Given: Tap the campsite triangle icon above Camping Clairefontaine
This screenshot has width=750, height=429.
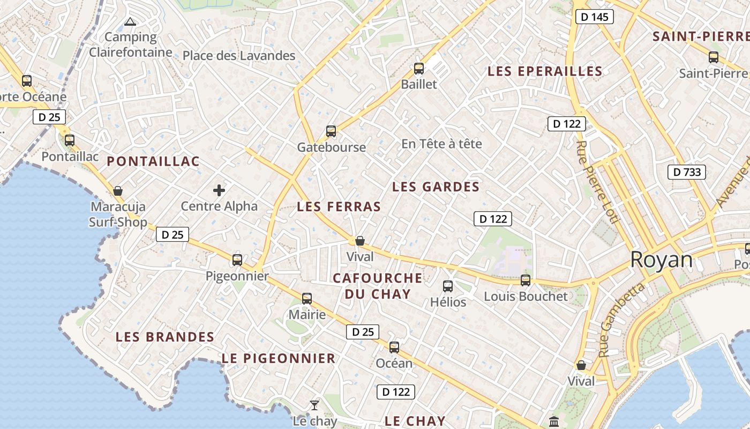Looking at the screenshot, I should click(x=130, y=22).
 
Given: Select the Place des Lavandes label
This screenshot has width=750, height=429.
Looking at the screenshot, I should click(x=239, y=55).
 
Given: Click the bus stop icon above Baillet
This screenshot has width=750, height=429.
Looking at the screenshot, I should click(x=419, y=69).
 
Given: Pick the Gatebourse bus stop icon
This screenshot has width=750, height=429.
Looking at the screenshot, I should click(x=331, y=131).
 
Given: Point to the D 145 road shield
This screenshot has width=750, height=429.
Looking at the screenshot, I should click(x=595, y=17).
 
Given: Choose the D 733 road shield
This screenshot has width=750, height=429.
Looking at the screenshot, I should click(x=686, y=172).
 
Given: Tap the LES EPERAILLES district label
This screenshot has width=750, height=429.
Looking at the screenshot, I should click(x=545, y=71).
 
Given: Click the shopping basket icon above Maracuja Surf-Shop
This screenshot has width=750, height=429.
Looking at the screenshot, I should click(x=118, y=191).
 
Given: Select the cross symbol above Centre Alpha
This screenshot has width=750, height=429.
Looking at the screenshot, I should click(x=219, y=190).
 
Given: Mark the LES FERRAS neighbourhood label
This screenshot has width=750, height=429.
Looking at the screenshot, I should click(x=339, y=206).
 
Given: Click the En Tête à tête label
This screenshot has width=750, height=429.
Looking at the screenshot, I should click(x=441, y=144).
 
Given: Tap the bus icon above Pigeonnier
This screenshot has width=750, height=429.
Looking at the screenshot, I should click(x=237, y=260).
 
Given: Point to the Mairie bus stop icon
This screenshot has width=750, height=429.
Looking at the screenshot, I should click(x=307, y=299).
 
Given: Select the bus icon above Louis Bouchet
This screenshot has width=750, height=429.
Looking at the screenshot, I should click(x=526, y=280).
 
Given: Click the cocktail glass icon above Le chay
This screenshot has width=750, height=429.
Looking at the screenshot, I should click(x=314, y=405).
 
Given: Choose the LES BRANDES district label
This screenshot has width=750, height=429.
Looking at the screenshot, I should click(x=165, y=337).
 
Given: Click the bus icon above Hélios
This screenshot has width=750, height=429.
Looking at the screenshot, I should click(x=448, y=286).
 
